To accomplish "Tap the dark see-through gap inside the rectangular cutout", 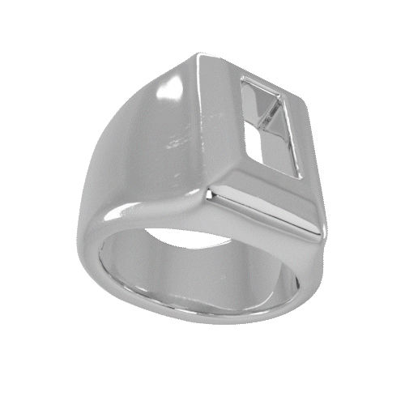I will click(258, 144).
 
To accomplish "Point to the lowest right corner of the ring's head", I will click(322, 236).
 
